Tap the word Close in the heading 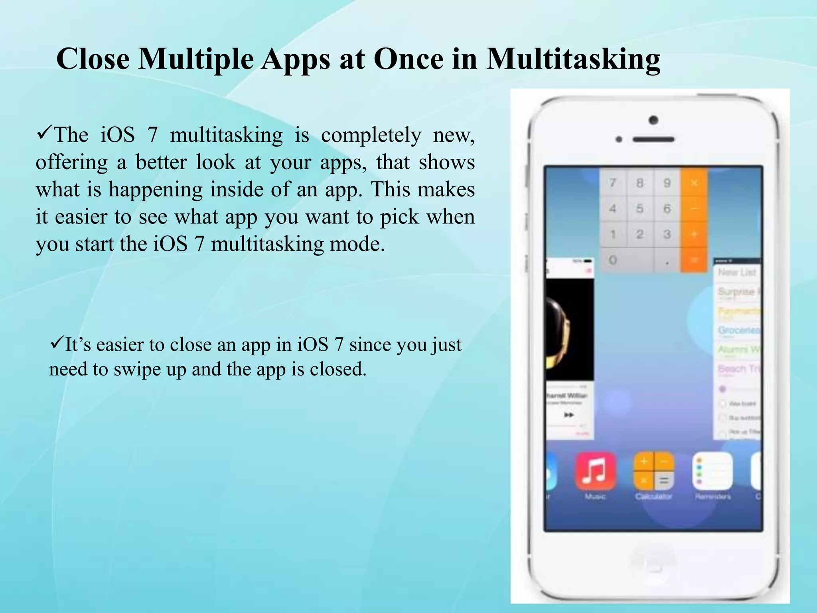point(93,59)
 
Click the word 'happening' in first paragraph point(156,190)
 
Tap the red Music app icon point(595,471)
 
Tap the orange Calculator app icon point(653,471)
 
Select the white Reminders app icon point(712,471)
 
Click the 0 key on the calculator point(613,261)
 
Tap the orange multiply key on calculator point(694,183)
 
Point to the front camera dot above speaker point(653,120)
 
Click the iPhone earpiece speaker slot point(653,139)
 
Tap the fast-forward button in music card point(569,415)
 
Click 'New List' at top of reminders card point(737,272)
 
